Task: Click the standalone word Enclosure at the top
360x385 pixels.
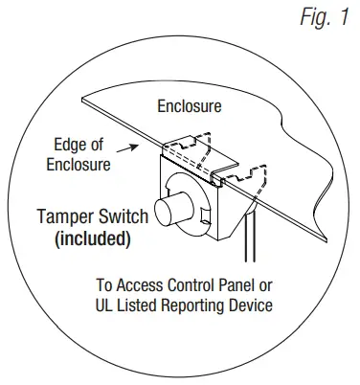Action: point(191,105)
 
